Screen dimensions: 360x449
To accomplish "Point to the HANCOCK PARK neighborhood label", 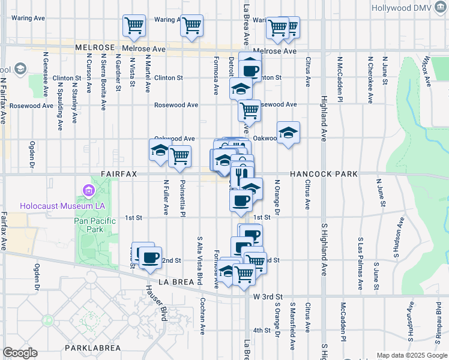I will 324,174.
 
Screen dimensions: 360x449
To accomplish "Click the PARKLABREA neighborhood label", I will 93,348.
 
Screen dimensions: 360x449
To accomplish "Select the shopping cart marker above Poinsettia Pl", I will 179,156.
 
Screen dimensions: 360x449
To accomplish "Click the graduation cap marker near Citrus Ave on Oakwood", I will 288,133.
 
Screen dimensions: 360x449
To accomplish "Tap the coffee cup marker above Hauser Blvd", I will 150,258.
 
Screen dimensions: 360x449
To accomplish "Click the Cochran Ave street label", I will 203,316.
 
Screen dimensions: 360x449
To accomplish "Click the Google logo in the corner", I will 20,353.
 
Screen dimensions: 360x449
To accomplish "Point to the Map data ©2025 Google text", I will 412,355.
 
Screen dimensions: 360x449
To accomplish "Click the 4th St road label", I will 262,330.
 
